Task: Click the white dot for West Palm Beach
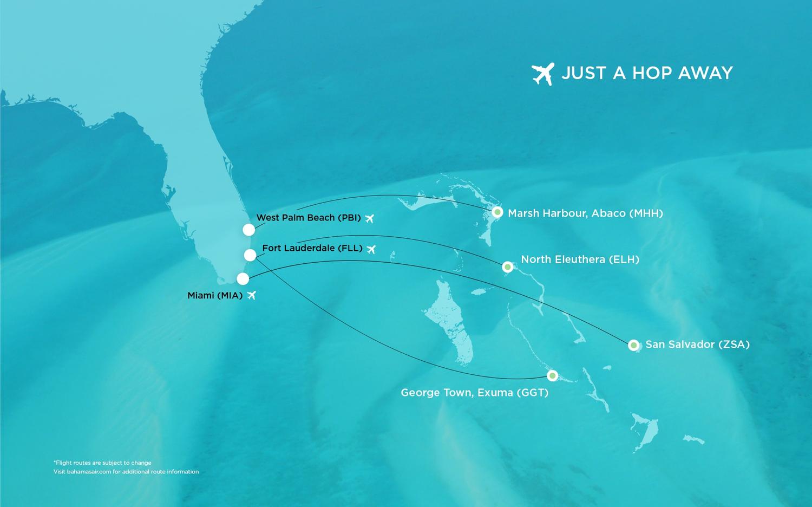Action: click(248, 230)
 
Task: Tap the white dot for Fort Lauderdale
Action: click(250, 255)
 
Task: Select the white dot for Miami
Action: click(243, 279)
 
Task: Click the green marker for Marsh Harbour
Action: click(497, 212)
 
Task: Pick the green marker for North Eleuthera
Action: click(508, 267)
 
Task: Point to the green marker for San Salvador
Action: click(634, 345)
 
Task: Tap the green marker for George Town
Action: click(552, 375)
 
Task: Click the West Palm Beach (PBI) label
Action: click(309, 218)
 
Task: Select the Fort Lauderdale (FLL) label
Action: click(312, 248)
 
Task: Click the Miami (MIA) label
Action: click(215, 296)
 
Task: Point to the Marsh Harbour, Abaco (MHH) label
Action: click(585, 213)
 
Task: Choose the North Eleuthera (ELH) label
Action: click(580, 259)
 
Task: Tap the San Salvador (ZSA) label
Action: click(697, 344)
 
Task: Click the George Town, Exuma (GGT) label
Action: click(474, 393)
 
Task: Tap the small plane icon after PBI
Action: click(370, 219)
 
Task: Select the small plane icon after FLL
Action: click(371, 250)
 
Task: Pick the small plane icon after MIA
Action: click(251, 296)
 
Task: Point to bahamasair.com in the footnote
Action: click(88, 472)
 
